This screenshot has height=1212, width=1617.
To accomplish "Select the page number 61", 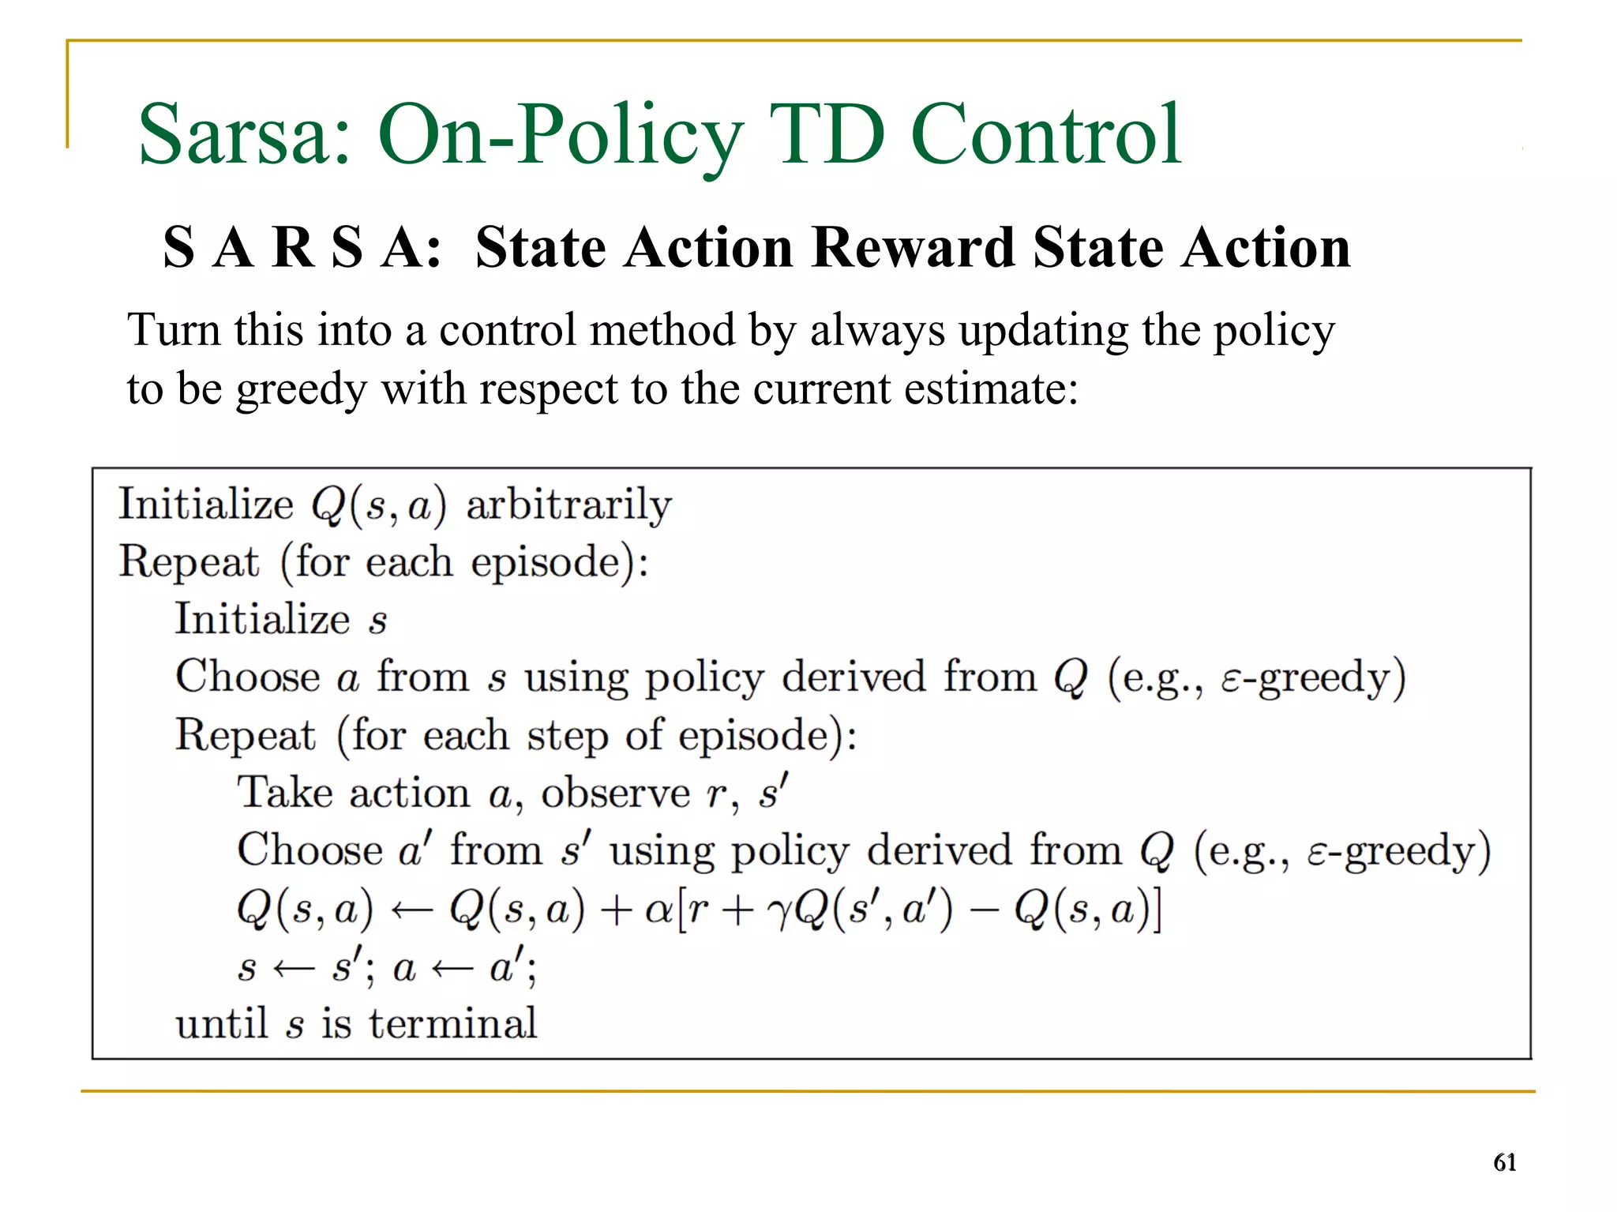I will pyautogui.click(x=1504, y=1162).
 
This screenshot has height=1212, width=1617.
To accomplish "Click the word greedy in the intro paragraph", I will pyautogui.click(x=302, y=390).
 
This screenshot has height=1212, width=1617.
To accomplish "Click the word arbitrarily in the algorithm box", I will pyautogui.click(x=568, y=505).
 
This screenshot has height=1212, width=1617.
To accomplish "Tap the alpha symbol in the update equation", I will pyautogui.click(x=658, y=910).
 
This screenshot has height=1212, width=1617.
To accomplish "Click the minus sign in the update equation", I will pyautogui.click(x=982, y=910).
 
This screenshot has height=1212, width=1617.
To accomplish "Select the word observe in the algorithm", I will pyautogui.click(x=615, y=793).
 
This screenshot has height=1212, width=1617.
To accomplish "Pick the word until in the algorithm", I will pyautogui.click(x=222, y=1024).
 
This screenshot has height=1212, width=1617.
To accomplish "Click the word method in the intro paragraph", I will pyautogui.click(x=660, y=330).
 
